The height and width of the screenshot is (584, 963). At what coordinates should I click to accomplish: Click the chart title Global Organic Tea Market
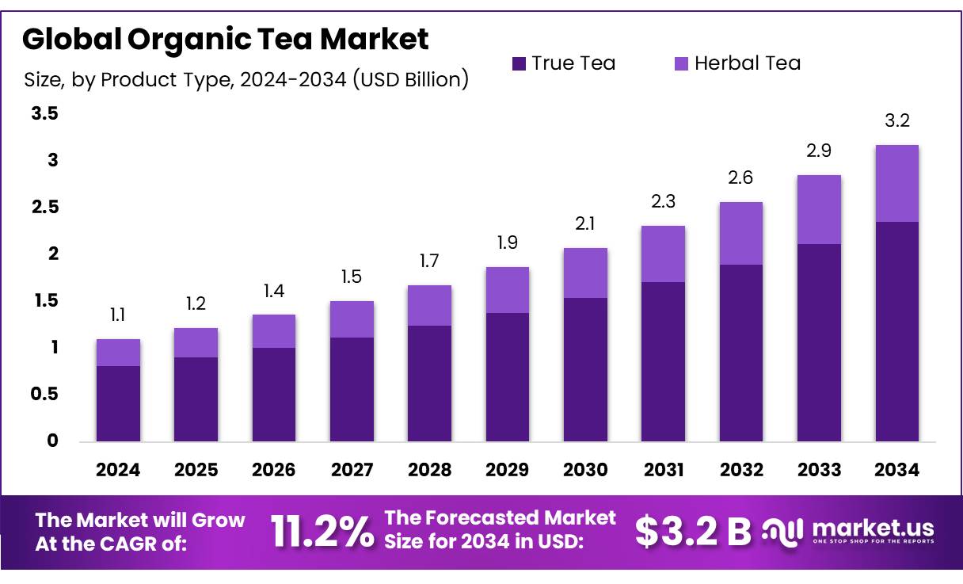(x=226, y=39)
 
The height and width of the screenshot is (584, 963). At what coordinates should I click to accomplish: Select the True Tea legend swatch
(x=519, y=63)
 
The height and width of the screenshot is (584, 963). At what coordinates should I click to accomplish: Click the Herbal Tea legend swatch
(x=681, y=63)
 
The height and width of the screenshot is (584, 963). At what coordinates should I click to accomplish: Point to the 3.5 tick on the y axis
(x=44, y=114)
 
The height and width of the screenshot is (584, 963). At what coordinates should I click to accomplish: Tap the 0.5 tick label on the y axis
(x=44, y=394)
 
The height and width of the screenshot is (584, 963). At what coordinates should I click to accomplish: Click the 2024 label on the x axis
(x=118, y=470)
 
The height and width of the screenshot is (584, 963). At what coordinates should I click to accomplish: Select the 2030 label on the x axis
(x=585, y=470)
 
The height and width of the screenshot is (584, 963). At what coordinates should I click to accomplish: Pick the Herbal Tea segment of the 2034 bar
(x=896, y=183)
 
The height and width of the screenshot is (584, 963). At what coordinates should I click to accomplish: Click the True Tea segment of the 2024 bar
(x=118, y=403)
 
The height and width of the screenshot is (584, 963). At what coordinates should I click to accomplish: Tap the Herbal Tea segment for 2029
(x=508, y=290)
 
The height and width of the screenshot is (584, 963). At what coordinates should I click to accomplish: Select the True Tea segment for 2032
(x=741, y=353)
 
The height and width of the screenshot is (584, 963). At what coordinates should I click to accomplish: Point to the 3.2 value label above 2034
(x=896, y=121)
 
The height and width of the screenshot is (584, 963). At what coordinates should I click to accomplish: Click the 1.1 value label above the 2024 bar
(x=118, y=316)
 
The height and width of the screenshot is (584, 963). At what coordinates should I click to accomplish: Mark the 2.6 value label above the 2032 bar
(x=741, y=178)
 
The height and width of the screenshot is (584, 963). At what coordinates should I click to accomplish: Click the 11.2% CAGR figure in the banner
(x=322, y=531)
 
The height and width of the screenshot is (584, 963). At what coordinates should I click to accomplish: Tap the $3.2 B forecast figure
(x=693, y=532)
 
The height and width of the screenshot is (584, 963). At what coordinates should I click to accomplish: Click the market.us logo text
(x=873, y=529)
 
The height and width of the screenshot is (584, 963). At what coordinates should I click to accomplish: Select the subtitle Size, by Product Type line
(x=246, y=80)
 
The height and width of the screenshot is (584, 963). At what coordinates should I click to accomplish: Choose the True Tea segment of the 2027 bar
(x=352, y=389)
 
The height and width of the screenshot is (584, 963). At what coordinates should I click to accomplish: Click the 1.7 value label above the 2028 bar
(x=429, y=261)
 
